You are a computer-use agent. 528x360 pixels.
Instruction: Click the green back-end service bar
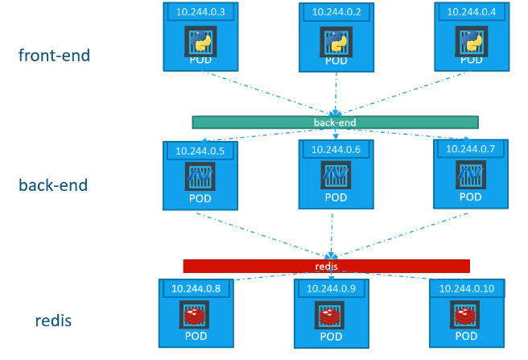(335, 122)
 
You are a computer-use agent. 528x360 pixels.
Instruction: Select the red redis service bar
(326, 266)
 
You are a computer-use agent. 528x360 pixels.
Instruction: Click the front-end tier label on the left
(55, 56)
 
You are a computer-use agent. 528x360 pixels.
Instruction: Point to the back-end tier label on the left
(53, 185)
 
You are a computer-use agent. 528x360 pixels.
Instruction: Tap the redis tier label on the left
(54, 321)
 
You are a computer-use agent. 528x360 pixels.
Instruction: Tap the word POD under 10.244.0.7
(470, 197)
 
